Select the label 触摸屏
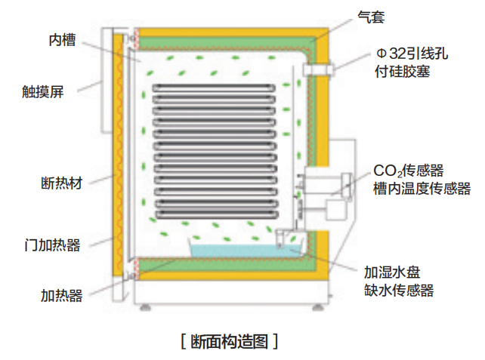42,94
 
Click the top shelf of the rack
218,88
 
